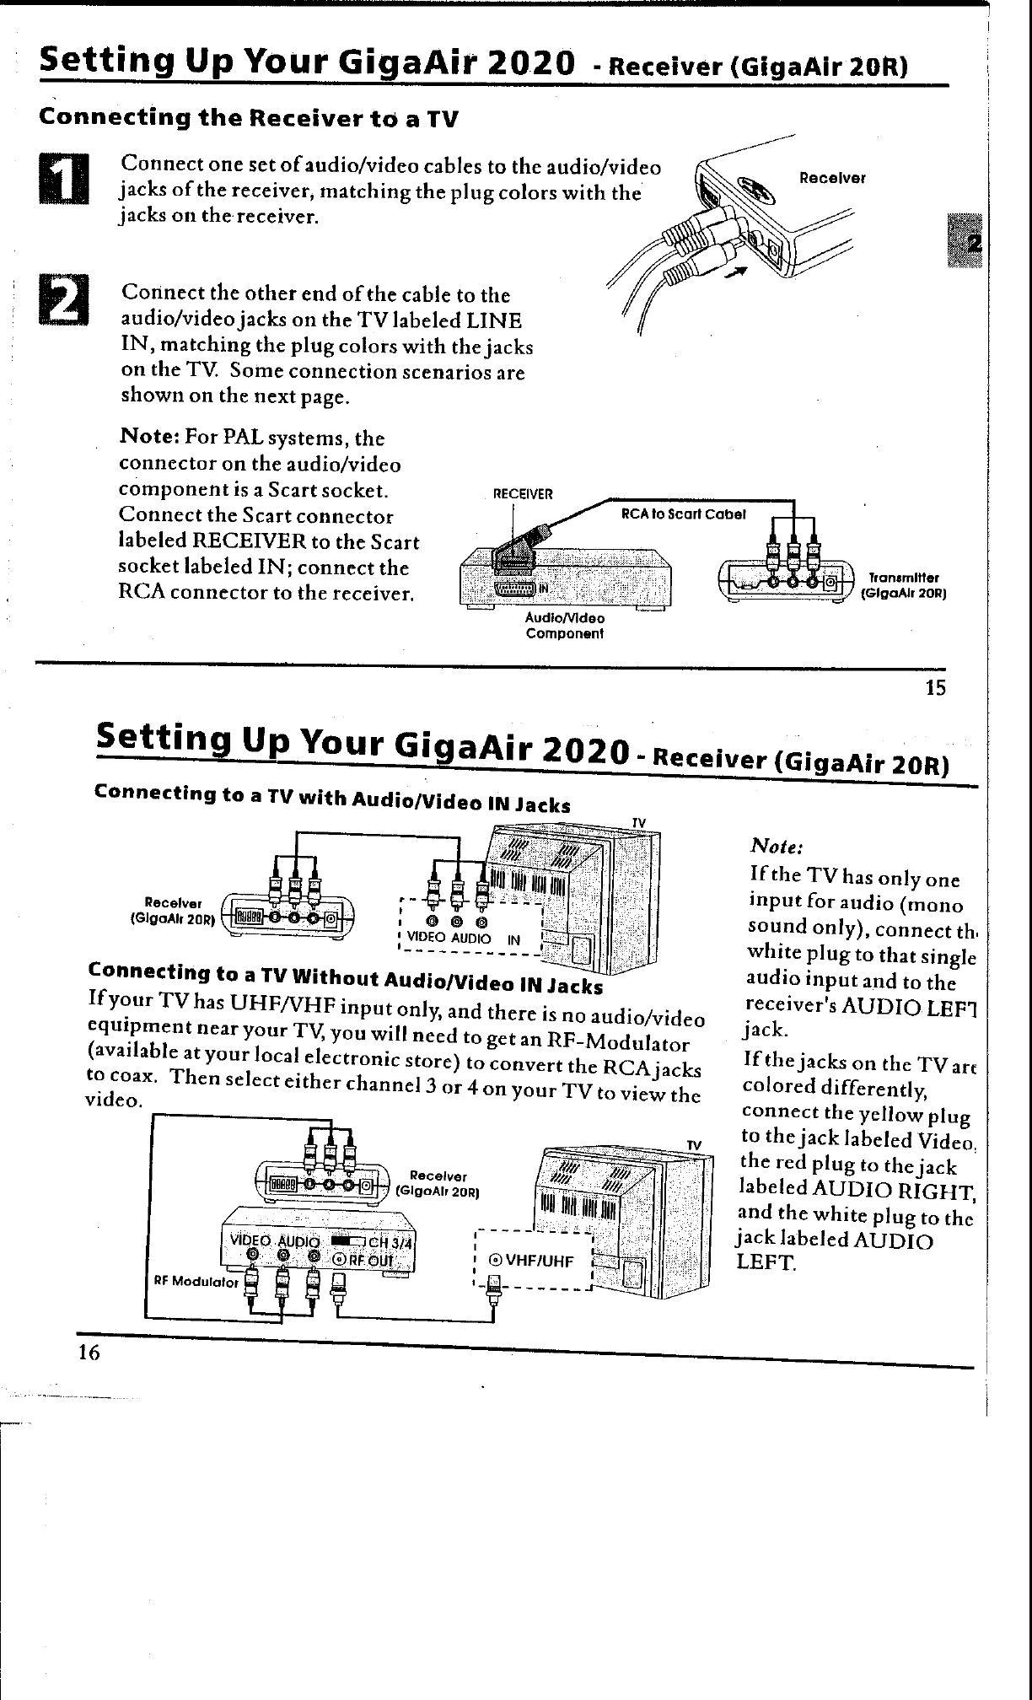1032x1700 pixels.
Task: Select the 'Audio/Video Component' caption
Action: pos(565,626)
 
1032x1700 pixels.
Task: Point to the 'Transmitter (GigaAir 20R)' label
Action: pos(903,585)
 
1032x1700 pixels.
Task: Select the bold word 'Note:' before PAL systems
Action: pos(148,438)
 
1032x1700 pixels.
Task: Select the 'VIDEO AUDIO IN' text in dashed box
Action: pos(464,939)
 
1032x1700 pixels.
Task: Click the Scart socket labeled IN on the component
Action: pos(514,587)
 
